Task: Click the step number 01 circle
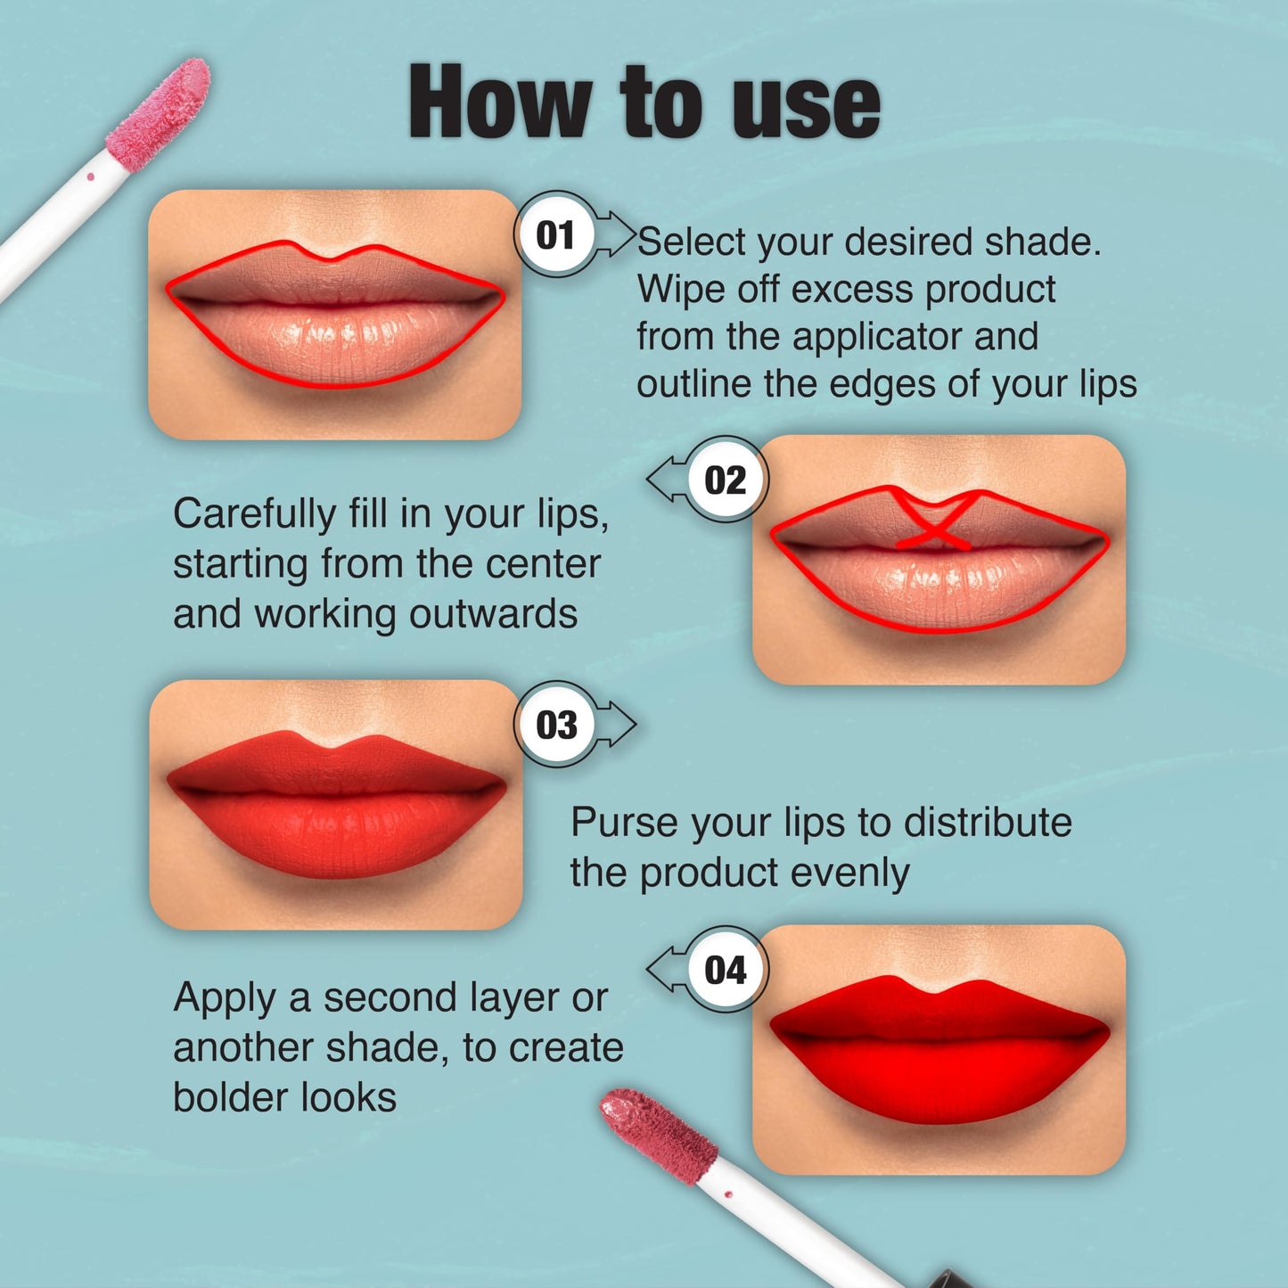tap(556, 235)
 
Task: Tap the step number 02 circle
tap(725, 480)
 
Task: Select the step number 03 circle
tap(556, 725)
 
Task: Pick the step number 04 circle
tap(725, 970)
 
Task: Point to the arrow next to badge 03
tap(617, 725)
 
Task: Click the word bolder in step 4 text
tap(227, 1097)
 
